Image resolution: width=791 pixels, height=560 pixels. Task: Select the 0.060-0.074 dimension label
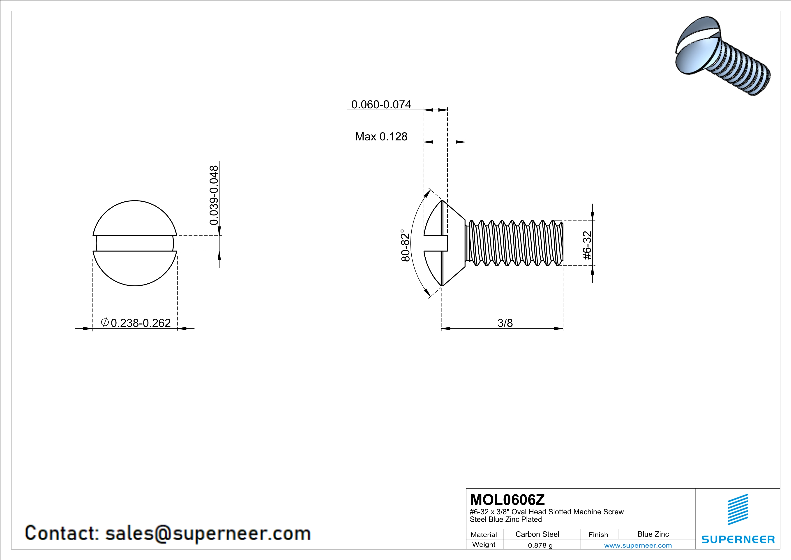pos(381,105)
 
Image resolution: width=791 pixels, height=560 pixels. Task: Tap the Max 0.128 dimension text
pos(381,137)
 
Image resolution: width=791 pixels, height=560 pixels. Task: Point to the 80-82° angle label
pos(406,245)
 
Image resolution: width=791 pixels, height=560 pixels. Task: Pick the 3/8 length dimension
pos(505,323)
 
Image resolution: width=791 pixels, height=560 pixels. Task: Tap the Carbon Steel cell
pos(537,534)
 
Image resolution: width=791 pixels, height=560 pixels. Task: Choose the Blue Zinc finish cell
pos(653,534)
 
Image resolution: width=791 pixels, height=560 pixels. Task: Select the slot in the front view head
pos(135,243)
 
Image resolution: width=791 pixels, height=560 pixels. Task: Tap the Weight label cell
pos(484,544)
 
